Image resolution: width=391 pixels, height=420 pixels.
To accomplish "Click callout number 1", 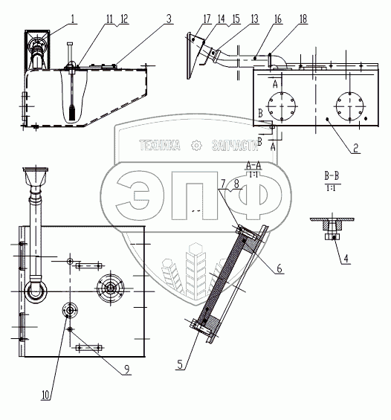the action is (x=73, y=19).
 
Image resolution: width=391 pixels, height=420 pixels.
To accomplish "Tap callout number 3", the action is (x=169, y=19).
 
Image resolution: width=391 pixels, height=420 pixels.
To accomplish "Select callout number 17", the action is (x=207, y=19).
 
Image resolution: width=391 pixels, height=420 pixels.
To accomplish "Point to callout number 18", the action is (x=303, y=19).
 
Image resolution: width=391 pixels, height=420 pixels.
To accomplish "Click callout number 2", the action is (x=355, y=148).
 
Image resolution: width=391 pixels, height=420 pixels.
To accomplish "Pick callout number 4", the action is (x=346, y=259).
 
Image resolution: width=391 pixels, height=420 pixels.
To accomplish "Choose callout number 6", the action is (x=279, y=268).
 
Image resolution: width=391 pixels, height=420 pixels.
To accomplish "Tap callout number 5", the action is (x=180, y=364).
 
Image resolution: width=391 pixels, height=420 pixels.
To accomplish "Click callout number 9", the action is (x=126, y=369).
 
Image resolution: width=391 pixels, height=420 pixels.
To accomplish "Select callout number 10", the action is (x=46, y=395).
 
